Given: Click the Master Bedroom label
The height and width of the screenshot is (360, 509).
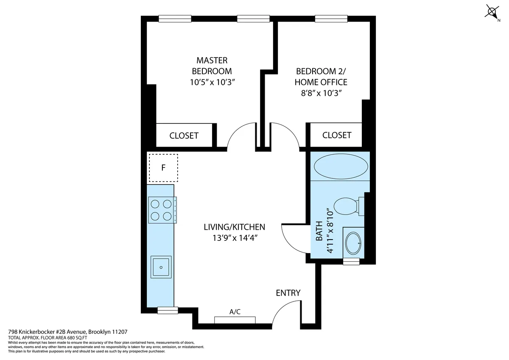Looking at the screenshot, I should click(212, 66).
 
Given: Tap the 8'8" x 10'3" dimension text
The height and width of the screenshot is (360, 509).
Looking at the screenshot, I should click(321, 93).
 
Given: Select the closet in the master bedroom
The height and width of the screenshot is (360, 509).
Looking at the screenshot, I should click(184, 136).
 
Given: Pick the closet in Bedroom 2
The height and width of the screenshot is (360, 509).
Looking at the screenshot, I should click(336, 135).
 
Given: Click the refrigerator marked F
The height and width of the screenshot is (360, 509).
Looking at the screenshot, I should click(163, 167).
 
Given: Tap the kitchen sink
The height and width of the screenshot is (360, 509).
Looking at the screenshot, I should click(161, 267).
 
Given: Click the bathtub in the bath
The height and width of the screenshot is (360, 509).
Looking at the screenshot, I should click(340, 166).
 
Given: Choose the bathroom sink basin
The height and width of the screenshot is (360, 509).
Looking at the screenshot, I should click(352, 243).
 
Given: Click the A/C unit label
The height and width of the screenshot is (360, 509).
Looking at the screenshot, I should click(235, 312).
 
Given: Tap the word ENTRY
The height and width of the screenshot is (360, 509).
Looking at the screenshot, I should click(288, 293).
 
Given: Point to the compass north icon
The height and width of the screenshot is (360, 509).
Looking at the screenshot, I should click(492, 11).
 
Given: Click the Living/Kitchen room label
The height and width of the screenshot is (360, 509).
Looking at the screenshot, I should click(234, 227).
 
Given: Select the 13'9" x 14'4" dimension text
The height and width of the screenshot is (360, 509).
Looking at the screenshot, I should click(235, 238).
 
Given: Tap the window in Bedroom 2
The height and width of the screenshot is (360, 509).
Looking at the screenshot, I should click(331, 19).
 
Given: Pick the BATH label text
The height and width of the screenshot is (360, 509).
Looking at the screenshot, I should click(319, 231).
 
